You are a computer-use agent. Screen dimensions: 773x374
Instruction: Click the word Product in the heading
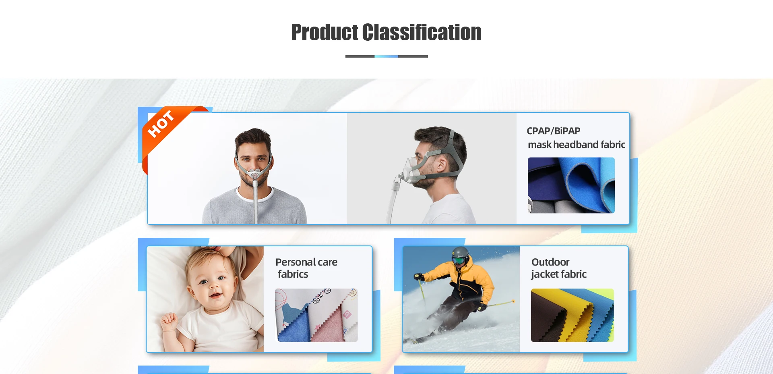click(x=324, y=32)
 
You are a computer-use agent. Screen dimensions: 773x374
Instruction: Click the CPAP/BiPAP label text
click(x=553, y=131)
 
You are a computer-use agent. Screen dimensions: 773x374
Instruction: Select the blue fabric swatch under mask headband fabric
click(x=571, y=185)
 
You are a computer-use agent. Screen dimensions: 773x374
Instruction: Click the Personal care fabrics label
click(x=306, y=268)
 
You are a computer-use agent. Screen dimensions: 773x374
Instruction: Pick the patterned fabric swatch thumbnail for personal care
click(x=316, y=315)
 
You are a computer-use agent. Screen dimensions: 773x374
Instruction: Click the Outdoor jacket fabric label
click(x=559, y=268)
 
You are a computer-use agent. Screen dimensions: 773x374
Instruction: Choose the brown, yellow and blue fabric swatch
click(x=572, y=315)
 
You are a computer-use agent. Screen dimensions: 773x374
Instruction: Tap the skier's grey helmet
click(x=460, y=253)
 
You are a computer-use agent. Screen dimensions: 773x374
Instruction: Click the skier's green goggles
click(x=459, y=260)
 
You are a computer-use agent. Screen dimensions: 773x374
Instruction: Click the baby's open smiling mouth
click(x=215, y=295)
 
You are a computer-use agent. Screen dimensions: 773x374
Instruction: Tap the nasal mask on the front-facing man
click(x=254, y=174)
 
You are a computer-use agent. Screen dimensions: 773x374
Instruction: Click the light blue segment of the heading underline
click(x=386, y=56)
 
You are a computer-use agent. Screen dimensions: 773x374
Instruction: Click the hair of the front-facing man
click(x=253, y=137)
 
